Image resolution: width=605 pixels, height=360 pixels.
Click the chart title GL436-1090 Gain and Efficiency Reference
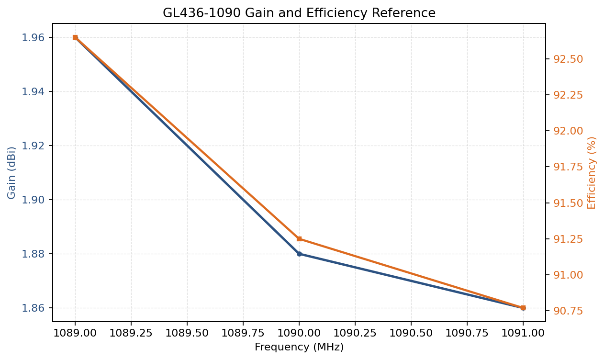coord(299,13)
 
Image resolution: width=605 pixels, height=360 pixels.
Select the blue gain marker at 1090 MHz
coord(299,254)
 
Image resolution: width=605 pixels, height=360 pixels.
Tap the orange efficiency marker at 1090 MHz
coord(299,239)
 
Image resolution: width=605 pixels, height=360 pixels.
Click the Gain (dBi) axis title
coord(12,172)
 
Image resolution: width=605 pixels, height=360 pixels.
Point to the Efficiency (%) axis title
coord(592,172)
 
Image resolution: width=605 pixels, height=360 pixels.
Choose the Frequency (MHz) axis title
coord(299,347)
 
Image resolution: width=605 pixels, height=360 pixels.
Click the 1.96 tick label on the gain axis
coord(33,37)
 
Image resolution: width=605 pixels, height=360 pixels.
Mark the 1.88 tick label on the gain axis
coord(33,254)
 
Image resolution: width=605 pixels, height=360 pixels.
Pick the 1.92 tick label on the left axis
coord(33,146)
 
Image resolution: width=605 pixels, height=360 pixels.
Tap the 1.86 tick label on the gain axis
coord(33,308)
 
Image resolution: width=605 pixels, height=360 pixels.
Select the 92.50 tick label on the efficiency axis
coord(568,59)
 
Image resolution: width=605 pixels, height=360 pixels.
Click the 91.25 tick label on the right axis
coord(568,239)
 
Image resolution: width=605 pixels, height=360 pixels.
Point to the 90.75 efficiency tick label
coord(568,311)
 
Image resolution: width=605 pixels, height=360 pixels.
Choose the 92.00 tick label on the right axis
coord(568,131)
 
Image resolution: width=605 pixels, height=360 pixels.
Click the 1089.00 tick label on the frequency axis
coord(75,333)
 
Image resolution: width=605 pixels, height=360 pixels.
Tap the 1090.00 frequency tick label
coord(299,333)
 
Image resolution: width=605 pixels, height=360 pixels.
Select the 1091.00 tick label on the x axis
coord(523,333)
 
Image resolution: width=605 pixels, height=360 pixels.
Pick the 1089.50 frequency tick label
coord(187,333)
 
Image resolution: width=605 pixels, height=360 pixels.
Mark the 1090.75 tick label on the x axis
coord(467,333)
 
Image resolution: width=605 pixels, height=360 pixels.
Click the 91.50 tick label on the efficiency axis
coord(568,203)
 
